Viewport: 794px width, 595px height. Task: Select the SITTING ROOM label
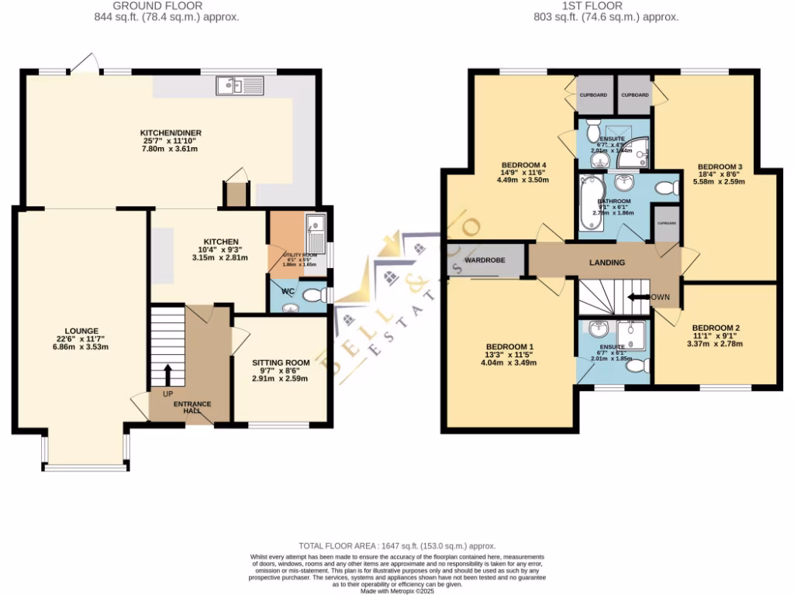click(x=281, y=362)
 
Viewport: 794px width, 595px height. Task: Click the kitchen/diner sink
click(x=236, y=85)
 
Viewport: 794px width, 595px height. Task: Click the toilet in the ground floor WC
click(x=312, y=294)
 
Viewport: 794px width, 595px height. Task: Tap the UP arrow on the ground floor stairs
click(x=167, y=375)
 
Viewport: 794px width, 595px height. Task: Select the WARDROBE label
click(x=485, y=260)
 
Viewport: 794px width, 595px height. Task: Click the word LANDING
click(x=607, y=263)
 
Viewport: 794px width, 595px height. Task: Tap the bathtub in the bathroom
click(x=591, y=203)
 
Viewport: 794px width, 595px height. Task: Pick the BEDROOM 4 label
click(x=525, y=164)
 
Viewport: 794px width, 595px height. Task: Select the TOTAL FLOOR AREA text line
click(x=396, y=546)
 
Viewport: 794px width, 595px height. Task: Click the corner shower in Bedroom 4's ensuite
click(x=637, y=153)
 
